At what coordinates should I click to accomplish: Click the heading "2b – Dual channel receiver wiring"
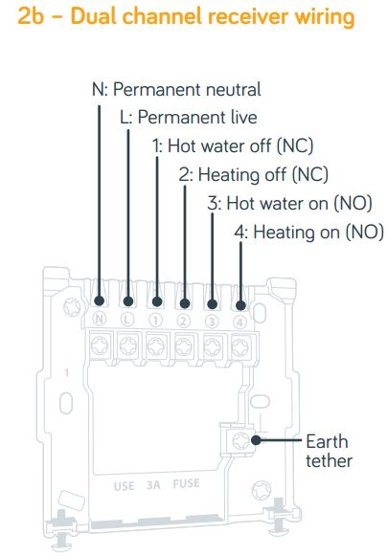coord(186,17)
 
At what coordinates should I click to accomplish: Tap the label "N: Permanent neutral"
coord(176,89)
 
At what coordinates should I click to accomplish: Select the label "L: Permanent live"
coord(189,118)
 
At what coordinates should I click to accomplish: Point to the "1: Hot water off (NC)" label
coord(233,146)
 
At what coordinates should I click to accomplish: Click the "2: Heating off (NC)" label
coord(254,175)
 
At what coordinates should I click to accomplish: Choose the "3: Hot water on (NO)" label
coord(289,204)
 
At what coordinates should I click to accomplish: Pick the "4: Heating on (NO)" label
coord(308,233)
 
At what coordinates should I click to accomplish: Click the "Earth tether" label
coord(330,451)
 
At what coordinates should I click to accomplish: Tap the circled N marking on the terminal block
coord(100,319)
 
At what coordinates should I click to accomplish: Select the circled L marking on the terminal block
coord(127,320)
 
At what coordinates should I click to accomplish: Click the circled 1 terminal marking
coord(155,321)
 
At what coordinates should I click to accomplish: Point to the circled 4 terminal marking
coord(239,322)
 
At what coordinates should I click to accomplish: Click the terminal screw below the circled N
coord(101,345)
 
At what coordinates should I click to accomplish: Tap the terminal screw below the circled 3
coord(213,346)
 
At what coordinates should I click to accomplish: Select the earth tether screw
coord(240,441)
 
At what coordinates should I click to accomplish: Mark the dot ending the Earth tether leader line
coord(256,440)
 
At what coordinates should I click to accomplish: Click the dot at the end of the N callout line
coord(100,301)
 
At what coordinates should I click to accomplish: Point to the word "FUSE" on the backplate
coord(187,484)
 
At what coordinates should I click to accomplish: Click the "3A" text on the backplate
coord(153,485)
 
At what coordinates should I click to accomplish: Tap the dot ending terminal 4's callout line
coord(240,305)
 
